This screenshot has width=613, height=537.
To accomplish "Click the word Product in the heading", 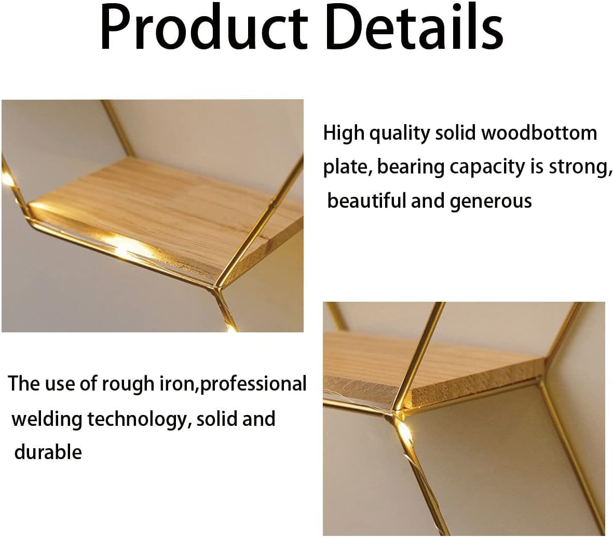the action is tap(203, 28).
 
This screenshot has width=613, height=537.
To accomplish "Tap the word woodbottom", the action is tap(539, 133).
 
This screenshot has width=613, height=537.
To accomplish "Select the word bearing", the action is tap(410, 167).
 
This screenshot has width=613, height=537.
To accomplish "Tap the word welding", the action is tap(47, 419).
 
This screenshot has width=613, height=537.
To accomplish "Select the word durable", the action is tap(48, 452).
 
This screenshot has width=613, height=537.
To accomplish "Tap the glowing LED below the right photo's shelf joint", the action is tap(405, 433).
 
